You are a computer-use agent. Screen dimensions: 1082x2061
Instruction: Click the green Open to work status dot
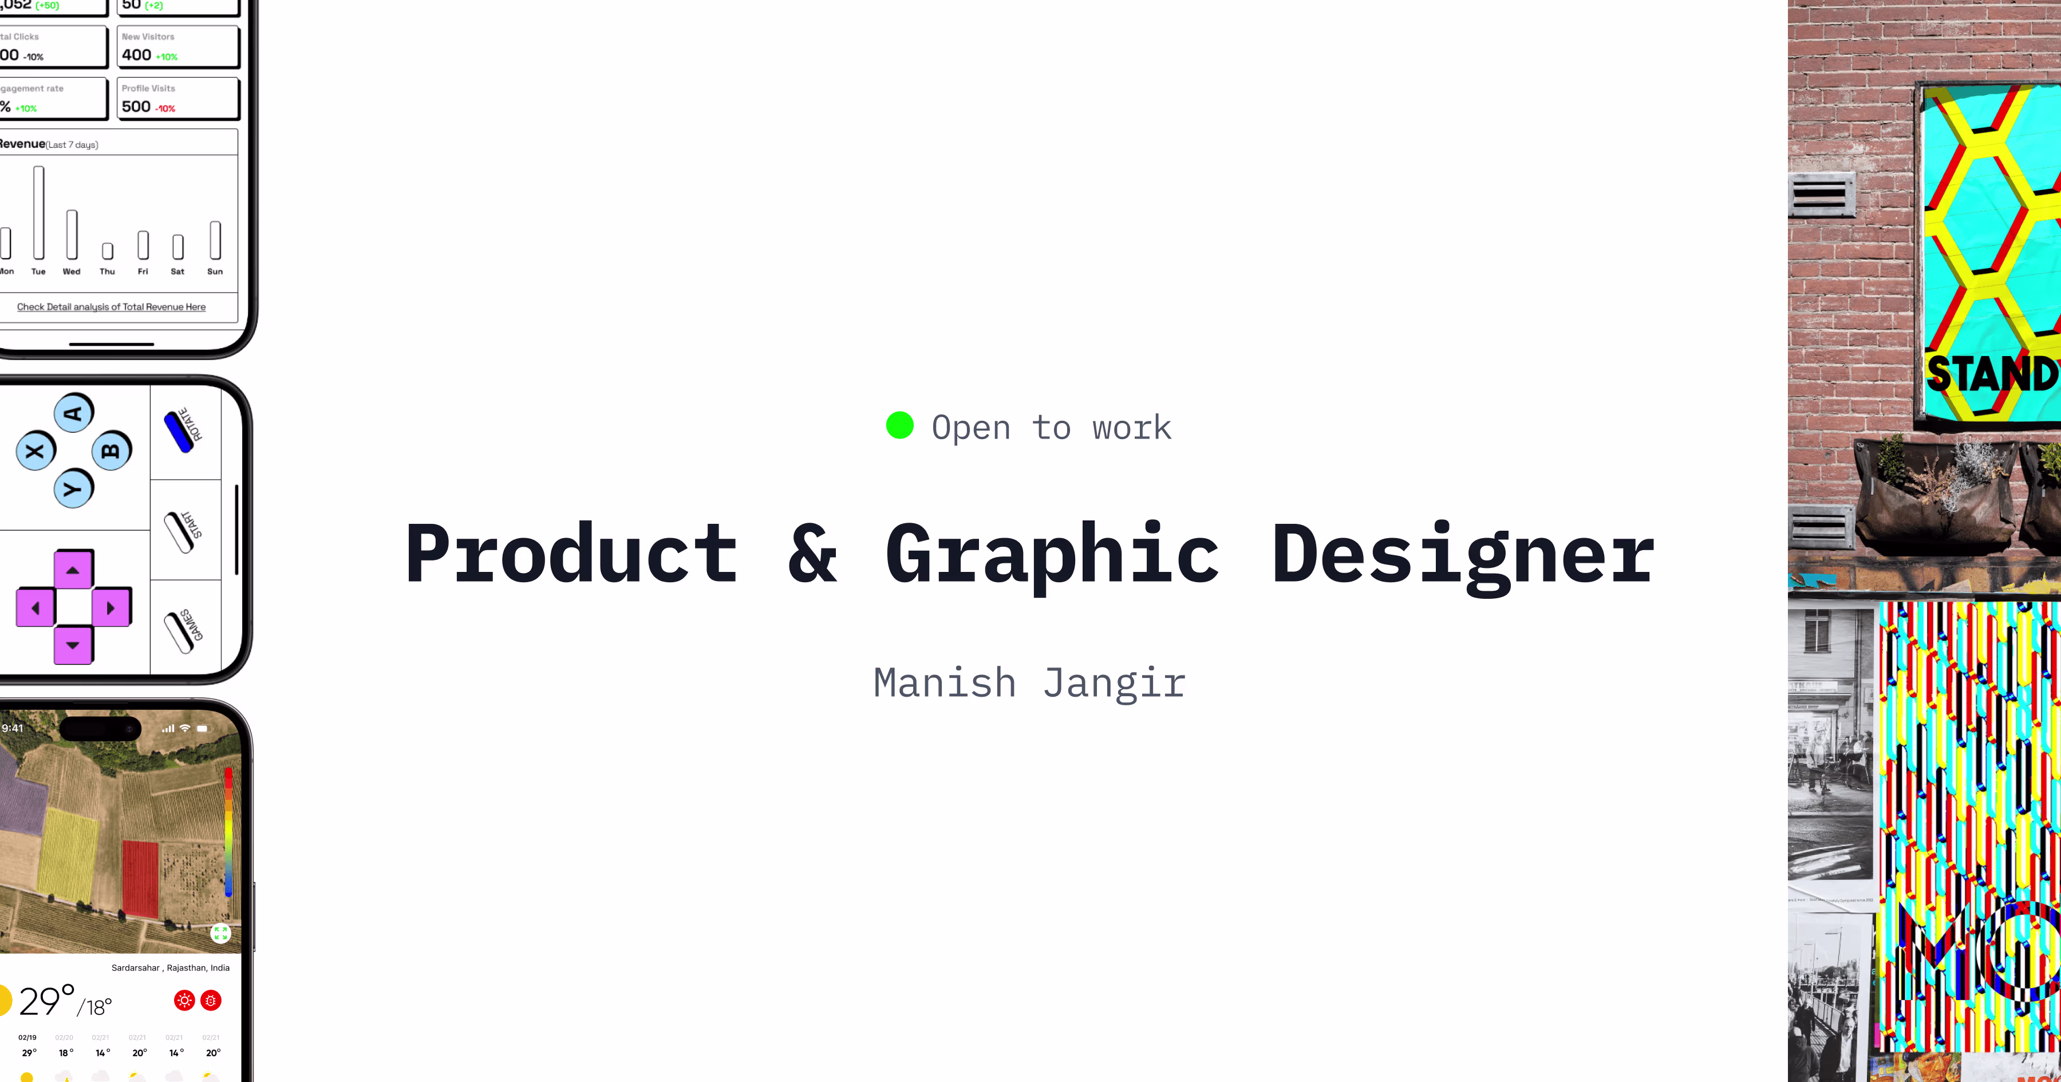(x=899, y=426)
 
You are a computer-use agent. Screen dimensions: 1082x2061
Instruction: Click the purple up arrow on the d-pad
(x=73, y=570)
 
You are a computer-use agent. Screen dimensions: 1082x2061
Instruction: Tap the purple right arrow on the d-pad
(x=110, y=608)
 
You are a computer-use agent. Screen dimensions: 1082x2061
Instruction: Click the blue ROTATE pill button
(x=179, y=431)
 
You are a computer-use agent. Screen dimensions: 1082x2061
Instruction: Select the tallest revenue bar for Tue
(x=38, y=212)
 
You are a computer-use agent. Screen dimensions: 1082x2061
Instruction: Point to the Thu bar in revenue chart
(x=107, y=251)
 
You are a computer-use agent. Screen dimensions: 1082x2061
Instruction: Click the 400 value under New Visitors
(x=137, y=55)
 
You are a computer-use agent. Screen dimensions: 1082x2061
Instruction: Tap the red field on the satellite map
(x=141, y=879)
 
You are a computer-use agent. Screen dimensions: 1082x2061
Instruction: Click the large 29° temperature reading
(x=46, y=1002)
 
